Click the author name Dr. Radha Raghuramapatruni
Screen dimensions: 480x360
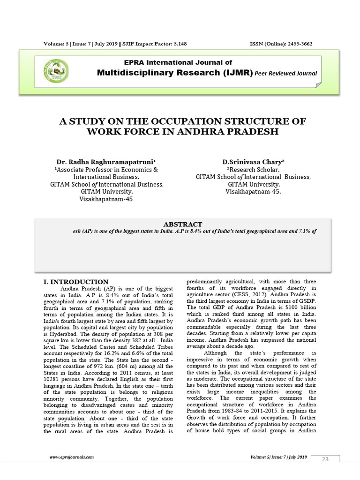tap(106, 161)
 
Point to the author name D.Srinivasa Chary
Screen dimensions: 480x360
tap(253, 161)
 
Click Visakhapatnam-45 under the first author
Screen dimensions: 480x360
tap(106, 199)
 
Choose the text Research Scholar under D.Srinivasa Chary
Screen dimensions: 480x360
tap(253, 169)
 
